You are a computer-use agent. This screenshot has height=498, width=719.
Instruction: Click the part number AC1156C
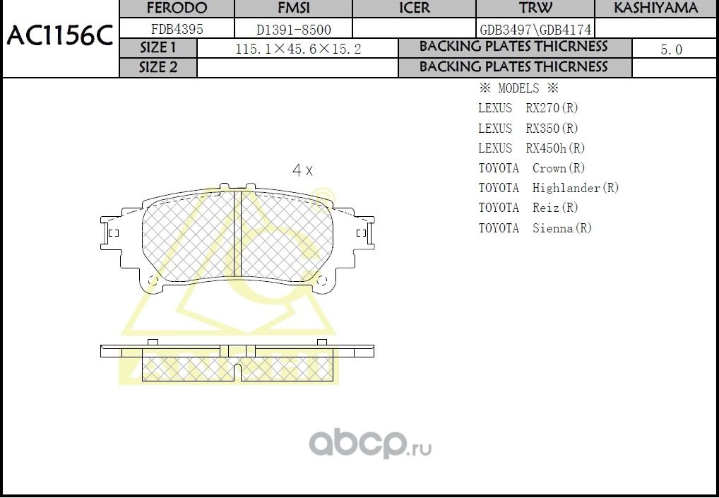pos(59,37)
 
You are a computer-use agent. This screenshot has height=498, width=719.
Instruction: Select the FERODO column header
pos(176,8)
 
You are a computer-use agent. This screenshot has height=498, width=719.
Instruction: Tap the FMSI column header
pos(292,8)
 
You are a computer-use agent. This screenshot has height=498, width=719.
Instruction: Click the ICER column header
pos(414,8)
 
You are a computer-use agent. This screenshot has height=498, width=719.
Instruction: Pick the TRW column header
pos(535,8)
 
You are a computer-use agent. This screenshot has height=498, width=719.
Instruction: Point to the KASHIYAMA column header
pos(655,8)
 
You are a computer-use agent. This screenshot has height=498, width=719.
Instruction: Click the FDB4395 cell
pos(177,30)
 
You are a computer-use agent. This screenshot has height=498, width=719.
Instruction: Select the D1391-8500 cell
pos(293,30)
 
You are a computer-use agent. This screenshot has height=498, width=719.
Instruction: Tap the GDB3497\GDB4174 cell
pos(535,30)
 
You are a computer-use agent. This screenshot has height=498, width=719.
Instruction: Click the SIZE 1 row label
pos(158,48)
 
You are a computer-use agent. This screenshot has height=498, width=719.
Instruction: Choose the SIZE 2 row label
pos(158,67)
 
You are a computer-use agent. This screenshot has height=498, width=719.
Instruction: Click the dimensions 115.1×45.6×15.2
pos(297,49)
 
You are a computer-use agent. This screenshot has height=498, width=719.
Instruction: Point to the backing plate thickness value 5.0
pos(671,49)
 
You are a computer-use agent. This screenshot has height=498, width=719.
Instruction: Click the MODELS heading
pos(518,88)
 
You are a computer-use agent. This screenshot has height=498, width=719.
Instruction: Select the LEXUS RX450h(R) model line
pos(531,148)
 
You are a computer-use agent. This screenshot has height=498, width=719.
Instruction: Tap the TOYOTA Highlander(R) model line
pos(548,188)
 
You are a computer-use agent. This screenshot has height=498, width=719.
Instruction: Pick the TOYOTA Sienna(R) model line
pos(535,228)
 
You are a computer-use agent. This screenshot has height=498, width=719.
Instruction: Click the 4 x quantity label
pos(302,170)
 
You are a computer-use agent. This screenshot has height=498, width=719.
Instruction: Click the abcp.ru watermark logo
pos(369,444)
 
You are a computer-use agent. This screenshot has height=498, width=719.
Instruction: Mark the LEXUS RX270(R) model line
pos(528,108)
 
